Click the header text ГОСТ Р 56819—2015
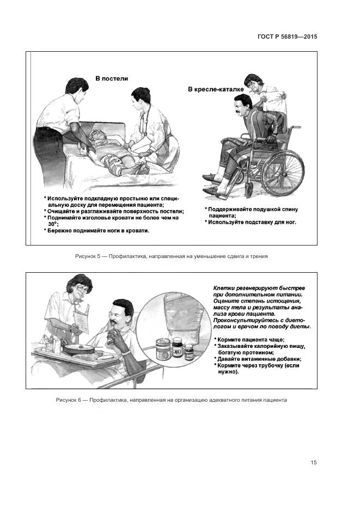[x=287, y=36]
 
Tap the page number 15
[x=313, y=462]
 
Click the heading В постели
[x=111, y=78]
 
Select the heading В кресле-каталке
[x=216, y=89]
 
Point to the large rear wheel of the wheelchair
[x=283, y=172]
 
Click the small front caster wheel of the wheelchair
[x=249, y=189]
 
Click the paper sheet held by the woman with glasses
[x=81, y=321]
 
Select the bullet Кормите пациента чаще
[x=249, y=340]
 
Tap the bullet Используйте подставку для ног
[x=251, y=222]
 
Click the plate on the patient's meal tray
[x=79, y=349]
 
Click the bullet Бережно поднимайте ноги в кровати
[x=96, y=231]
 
